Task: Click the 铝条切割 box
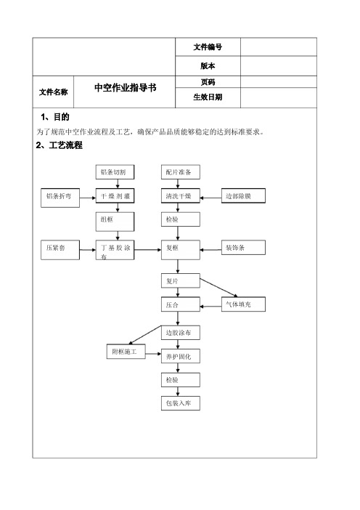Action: click(x=115, y=171)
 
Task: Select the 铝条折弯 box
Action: click(x=60, y=198)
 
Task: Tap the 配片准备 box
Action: click(x=181, y=171)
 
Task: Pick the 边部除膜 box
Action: click(x=243, y=196)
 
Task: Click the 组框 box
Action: click(x=115, y=222)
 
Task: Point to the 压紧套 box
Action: click(x=60, y=250)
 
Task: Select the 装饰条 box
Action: click(x=243, y=248)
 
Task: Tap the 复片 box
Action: click(x=181, y=280)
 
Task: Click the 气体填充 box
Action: click(x=243, y=304)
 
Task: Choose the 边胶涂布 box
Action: click(x=181, y=333)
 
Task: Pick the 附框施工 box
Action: click(x=126, y=352)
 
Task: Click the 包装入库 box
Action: click(x=181, y=403)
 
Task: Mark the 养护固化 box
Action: click(x=181, y=356)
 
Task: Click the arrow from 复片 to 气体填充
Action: click(x=218, y=288)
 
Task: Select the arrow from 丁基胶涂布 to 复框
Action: click(x=148, y=250)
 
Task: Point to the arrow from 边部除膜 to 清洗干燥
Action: click(x=210, y=198)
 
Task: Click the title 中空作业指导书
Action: click(x=126, y=87)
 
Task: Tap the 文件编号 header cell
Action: click(x=208, y=46)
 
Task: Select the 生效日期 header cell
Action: click(x=208, y=97)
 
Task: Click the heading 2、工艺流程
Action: click(x=59, y=145)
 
